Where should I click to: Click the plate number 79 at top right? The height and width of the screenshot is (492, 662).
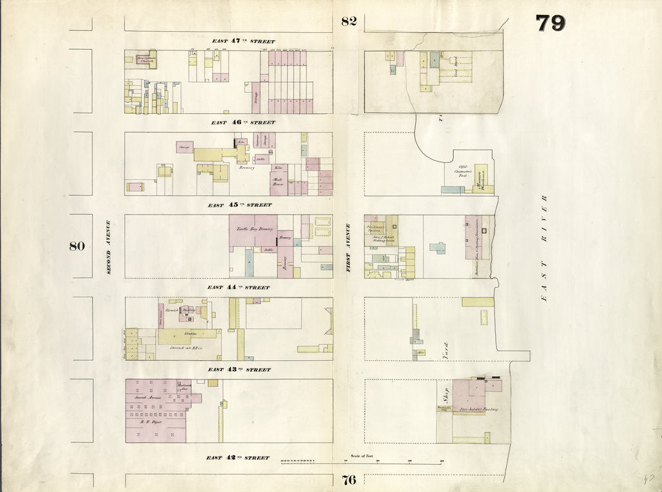(550, 23)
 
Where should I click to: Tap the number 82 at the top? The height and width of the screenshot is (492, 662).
(349, 21)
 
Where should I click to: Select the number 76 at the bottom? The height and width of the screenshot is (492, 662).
(349, 480)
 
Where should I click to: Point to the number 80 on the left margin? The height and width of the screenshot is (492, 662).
(78, 246)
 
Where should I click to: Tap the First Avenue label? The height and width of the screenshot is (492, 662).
(348, 247)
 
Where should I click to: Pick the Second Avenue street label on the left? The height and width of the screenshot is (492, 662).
(109, 247)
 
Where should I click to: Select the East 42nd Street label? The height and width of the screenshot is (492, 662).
(237, 458)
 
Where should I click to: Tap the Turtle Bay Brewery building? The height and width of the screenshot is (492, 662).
(255, 230)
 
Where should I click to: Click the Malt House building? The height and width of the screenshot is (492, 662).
(278, 182)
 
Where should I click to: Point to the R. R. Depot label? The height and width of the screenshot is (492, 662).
(151, 422)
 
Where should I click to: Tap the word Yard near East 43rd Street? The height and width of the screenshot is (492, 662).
(445, 349)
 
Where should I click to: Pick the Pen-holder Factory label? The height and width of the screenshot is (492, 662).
(479, 409)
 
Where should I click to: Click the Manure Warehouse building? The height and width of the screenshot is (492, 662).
(480, 179)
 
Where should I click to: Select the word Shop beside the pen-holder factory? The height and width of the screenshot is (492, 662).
(445, 394)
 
